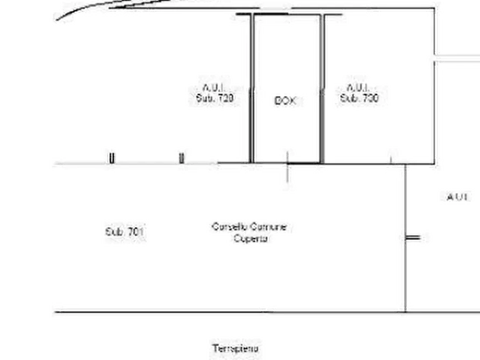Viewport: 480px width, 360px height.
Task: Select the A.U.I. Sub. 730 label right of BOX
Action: click(x=359, y=92)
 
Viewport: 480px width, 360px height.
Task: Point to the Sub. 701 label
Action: click(x=124, y=232)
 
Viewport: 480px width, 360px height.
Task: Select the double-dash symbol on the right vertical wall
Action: click(x=412, y=236)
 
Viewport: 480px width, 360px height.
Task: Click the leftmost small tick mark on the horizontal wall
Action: click(x=112, y=158)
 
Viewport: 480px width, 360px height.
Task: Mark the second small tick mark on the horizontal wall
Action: click(x=182, y=158)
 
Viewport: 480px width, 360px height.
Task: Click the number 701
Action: click(x=136, y=232)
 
